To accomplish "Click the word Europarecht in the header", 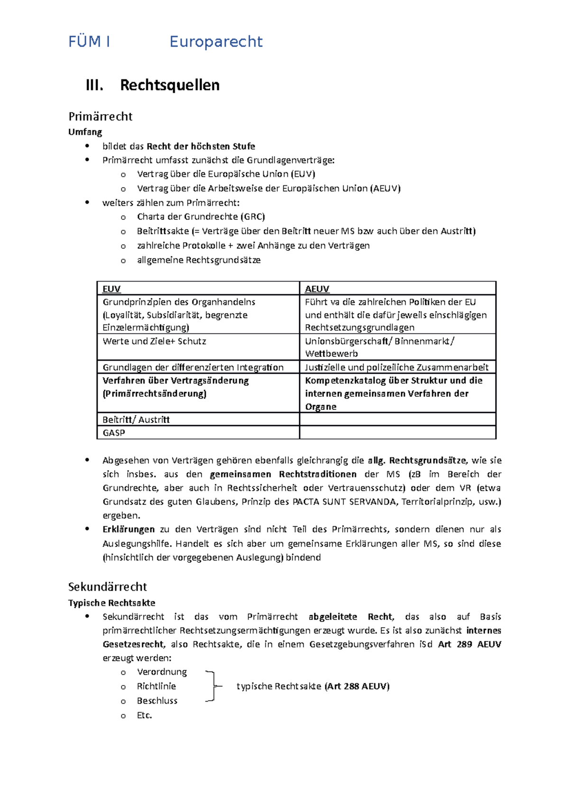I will click(x=216, y=42).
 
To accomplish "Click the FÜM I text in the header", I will click(x=89, y=42).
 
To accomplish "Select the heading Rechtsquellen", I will click(x=170, y=85).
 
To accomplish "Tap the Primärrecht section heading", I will click(x=100, y=116).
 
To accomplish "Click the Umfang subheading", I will click(x=85, y=132).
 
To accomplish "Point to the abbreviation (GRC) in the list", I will click(x=253, y=217).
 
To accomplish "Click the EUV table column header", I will click(x=111, y=289).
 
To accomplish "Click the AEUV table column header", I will click(x=317, y=289).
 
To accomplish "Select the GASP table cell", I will click(x=114, y=432).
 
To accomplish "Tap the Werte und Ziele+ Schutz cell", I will click(x=154, y=341).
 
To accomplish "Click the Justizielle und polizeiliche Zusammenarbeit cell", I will click(x=396, y=367).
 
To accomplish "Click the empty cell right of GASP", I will click(x=397, y=432).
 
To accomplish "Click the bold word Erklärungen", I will click(x=128, y=529).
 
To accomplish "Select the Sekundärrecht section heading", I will click(x=108, y=586).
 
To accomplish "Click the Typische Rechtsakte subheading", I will click(x=111, y=603).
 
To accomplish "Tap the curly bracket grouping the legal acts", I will click(x=212, y=686).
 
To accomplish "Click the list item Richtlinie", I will click(x=156, y=686).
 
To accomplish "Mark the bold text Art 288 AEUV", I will click(x=357, y=686).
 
